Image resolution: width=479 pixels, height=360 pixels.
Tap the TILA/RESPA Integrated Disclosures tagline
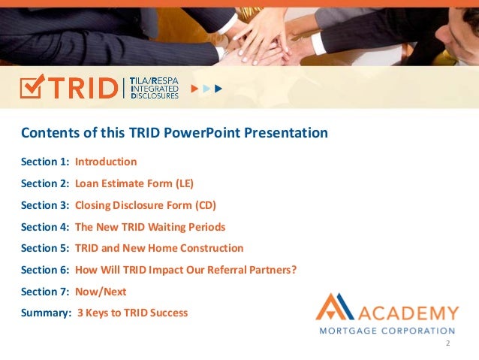(154, 88)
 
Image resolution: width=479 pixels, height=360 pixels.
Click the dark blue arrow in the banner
(218, 89)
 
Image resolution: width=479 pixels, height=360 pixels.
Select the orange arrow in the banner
(194, 89)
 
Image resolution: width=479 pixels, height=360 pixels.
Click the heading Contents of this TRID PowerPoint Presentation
(174, 133)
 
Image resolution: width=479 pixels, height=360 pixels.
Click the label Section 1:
(45, 162)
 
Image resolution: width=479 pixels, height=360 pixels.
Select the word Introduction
(106, 162)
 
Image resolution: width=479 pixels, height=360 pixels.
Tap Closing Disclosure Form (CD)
(146, 205)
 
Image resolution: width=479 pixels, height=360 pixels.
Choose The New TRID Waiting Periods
(150, 226)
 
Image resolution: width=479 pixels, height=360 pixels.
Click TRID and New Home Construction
(159, 248)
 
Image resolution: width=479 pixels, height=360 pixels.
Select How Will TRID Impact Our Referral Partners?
(185, 270)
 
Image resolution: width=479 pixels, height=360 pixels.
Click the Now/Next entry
(101, 291)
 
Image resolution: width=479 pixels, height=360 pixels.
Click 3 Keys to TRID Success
(132, 313)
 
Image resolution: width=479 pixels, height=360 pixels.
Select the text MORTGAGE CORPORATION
(387, 330)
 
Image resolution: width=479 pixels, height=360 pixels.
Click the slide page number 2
(447, 343)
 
